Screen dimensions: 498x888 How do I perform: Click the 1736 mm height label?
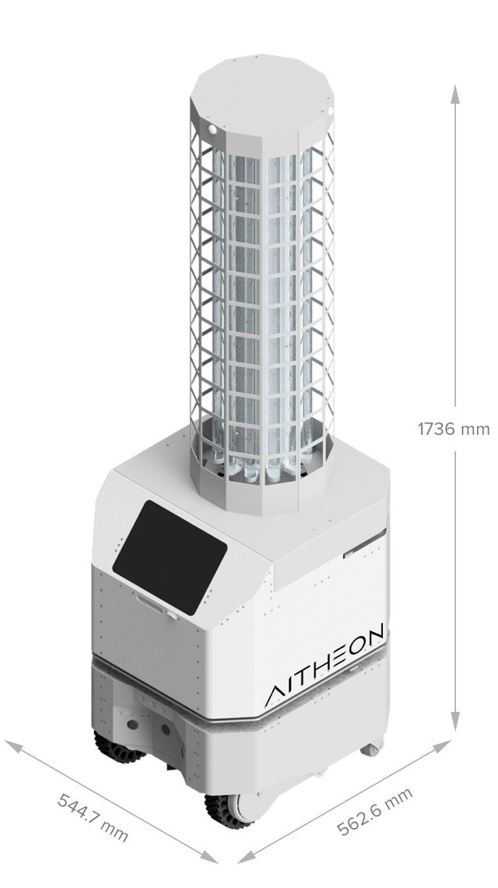tap(454, 429)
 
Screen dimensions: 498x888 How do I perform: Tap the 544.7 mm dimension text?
tap(93, 817)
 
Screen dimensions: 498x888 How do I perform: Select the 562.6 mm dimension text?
tap(374, 810)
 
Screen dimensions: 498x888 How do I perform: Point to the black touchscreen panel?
tap(170, 557)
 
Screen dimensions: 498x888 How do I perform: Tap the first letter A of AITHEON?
tap(276, 696)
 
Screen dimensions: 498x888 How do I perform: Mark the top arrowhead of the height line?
tap(455, 95)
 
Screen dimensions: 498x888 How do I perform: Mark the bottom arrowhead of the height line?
tap(455, 721)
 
